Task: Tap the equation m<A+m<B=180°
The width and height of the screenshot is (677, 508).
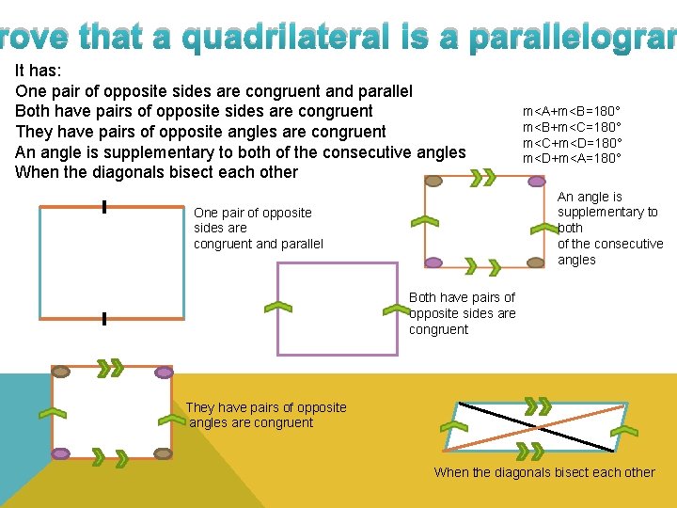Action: pyautogui.click(x=572, y=112)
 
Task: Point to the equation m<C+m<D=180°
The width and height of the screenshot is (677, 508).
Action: pyautogui.click(x=572, y=142)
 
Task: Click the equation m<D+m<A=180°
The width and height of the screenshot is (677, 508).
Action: pyautogui.click(x=572, y=157)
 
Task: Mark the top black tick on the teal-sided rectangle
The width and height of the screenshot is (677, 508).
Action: pyautogui.click(x=103, y=207)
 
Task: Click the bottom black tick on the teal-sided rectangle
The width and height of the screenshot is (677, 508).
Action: pyautogui.click(x=103, y=320)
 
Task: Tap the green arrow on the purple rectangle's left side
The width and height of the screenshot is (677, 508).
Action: pyautogui.click(x=278, y=307)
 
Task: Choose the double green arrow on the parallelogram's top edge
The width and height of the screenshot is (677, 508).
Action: pyautogui.click(x=537, y=405)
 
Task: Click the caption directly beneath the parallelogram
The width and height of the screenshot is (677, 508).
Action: pyautogui.click(x=543, y=472)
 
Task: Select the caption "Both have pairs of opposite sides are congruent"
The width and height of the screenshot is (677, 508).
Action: pyautogui.click(x=462, y=313)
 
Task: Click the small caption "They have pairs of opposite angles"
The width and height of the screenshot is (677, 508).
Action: pyautogui.click(x=265, y=415)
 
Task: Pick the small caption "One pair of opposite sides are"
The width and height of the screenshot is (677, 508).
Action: pyautogui.click(x=258, y=228)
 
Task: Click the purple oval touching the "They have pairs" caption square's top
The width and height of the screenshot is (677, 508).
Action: pyautogui.click(x=164, y=373)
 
